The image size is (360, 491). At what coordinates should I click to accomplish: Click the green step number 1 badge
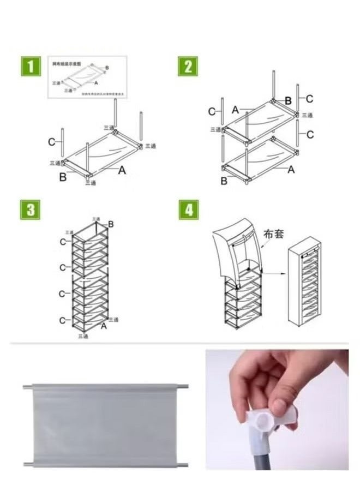pos(31,67)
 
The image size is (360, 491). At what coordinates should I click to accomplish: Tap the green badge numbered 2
pos(188,67)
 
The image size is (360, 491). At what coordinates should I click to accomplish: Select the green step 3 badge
pos(31,210)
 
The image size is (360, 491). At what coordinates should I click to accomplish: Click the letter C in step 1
pos(51,142)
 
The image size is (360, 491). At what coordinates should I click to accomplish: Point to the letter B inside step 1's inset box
pos(107,68)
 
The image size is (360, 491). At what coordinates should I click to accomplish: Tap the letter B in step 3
pos(111,224)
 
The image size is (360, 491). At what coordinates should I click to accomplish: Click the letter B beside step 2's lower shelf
pos(224,181)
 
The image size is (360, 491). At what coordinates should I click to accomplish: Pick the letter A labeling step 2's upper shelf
pos(235,110)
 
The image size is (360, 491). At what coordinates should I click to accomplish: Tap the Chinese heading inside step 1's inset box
pos(65,63)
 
